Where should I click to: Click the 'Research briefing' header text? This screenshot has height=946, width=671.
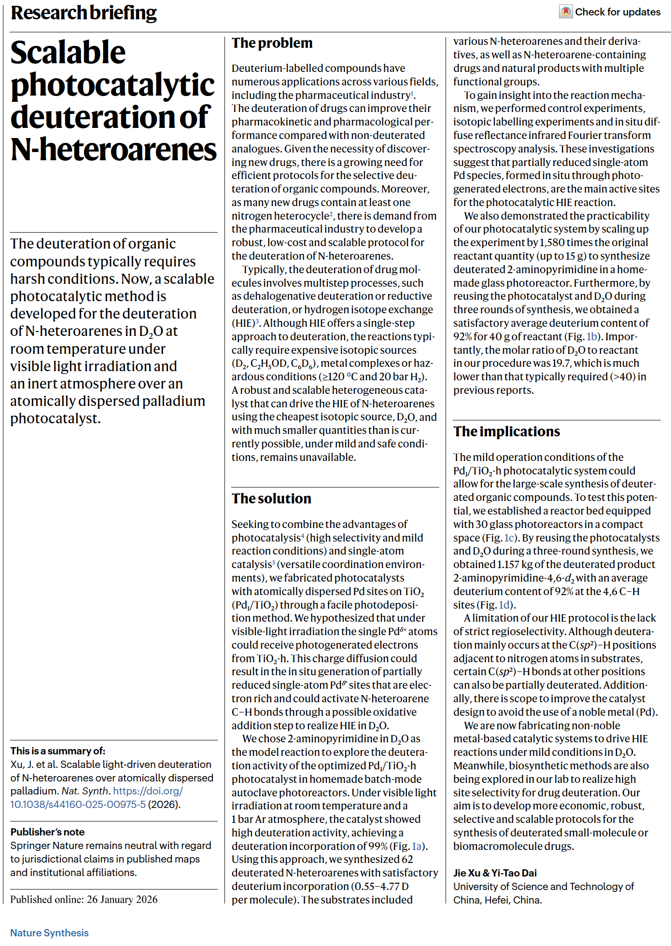(84, 13)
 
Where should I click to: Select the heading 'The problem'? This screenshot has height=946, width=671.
(272, 43)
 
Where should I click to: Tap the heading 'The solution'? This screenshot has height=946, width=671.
(271, 499)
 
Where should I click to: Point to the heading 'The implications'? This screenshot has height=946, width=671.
(506, 431)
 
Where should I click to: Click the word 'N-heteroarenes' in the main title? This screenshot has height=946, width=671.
(113, 150)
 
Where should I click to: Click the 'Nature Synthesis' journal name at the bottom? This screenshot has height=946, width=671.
(49, 933)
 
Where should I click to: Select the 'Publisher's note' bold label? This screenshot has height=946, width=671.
(47, 832)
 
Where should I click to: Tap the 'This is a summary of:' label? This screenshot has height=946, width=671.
(57, 751)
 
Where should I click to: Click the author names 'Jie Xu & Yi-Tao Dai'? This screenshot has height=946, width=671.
(495, 873)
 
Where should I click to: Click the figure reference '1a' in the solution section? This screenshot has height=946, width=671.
(417, 846)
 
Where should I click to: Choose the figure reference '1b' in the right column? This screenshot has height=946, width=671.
(592, 336)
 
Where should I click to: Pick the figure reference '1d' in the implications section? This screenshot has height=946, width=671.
(504, 605)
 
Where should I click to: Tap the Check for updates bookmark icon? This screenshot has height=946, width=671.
(566, 12)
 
